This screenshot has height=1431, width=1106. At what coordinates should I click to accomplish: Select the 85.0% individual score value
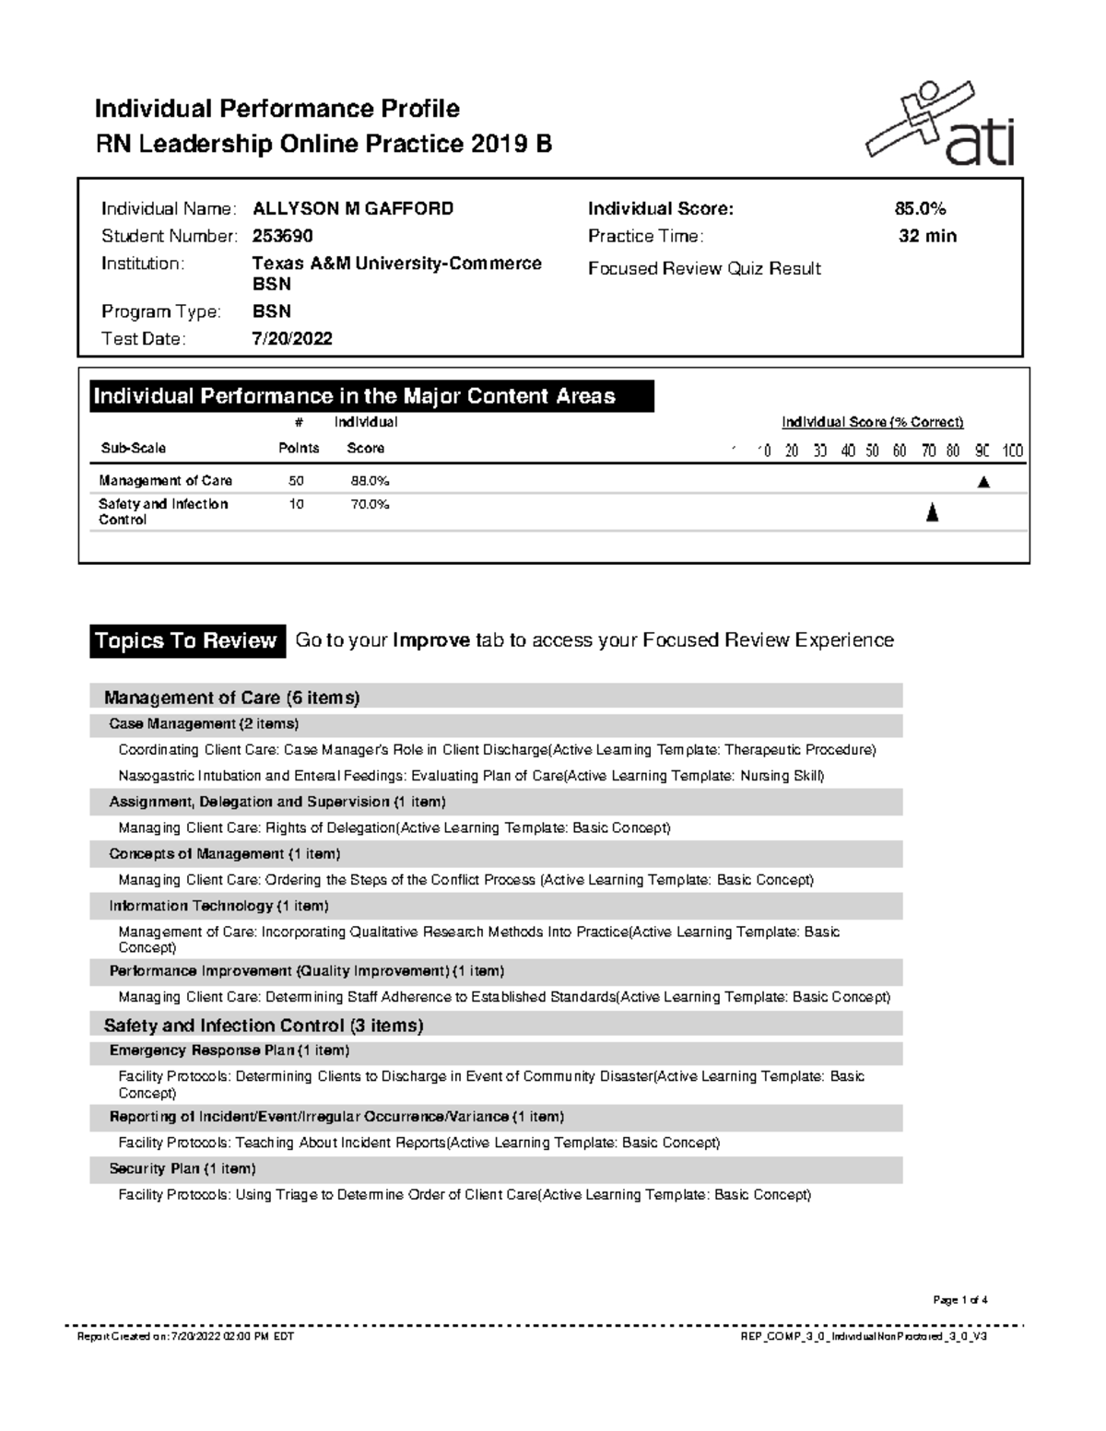[920, 208]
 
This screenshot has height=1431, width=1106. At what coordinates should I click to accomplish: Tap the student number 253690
[283, 236]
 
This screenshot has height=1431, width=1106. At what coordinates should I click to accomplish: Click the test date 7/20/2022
[292, 338]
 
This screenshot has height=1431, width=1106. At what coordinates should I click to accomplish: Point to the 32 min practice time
[927, 236]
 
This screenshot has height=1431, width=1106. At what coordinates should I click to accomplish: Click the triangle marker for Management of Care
[983, 481]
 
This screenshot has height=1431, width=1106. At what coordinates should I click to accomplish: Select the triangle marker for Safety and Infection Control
[932, 512]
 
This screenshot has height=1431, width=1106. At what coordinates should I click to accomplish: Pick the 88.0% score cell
[370, 480]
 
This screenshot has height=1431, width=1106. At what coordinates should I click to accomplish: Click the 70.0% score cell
[370, 504]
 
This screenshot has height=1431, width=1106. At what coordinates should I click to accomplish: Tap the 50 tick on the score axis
[872, 451]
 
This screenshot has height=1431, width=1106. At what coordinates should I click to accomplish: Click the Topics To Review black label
[185, 640]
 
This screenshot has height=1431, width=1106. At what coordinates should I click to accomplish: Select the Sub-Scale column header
[133, 448]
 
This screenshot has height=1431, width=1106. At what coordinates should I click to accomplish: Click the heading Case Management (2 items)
[204, 723]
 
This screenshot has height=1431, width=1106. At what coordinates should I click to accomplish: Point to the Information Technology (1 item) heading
[218, 906]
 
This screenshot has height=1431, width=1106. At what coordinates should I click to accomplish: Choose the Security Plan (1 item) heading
[182, 1168]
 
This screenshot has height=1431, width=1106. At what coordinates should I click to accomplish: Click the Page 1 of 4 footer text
[959, 1300]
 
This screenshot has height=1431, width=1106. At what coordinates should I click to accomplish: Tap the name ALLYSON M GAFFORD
[353, 208]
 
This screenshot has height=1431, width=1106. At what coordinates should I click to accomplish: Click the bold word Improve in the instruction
[431, 640]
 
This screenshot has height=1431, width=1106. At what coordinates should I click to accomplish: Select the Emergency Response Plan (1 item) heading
[229, 1050]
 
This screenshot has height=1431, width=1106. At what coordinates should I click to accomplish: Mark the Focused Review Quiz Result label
[704, 268]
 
